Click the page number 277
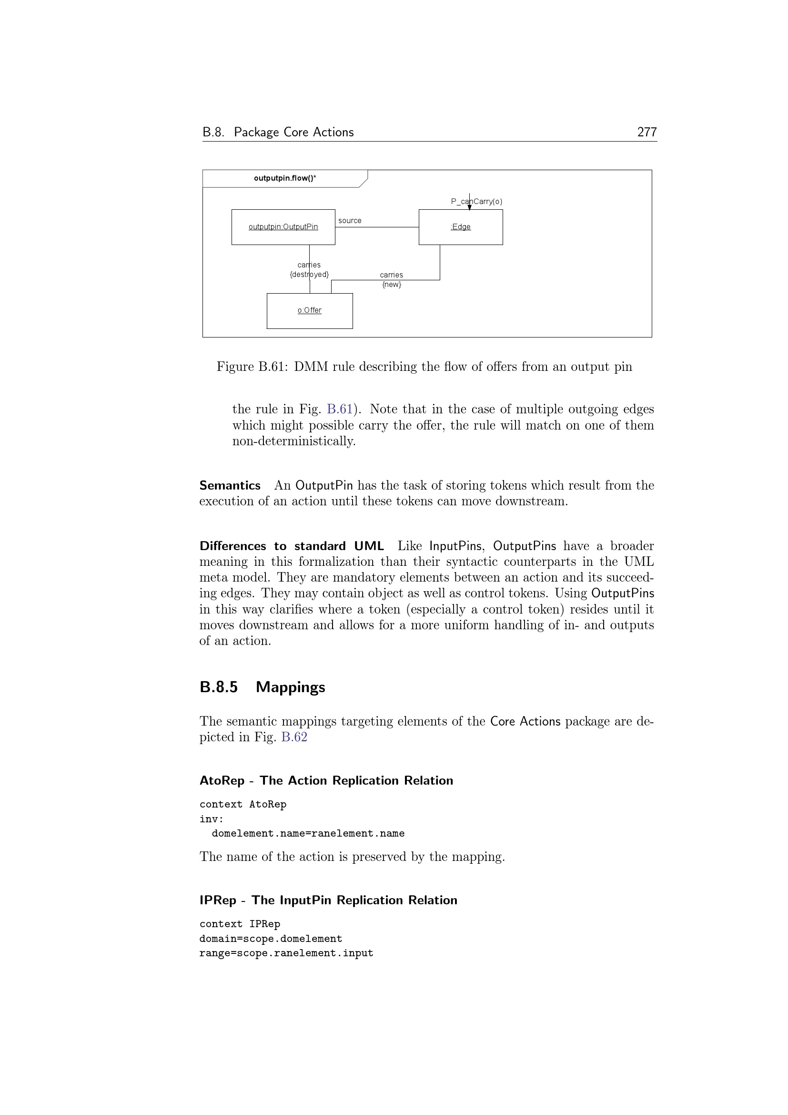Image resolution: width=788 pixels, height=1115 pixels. pos(647,132)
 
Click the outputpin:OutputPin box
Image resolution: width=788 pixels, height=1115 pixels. pos(283,227)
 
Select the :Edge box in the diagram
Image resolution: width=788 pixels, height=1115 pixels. pos(461,227)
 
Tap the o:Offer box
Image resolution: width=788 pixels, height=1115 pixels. pos(310,311)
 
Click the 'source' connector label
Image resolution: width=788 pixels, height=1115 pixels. pos(349,221)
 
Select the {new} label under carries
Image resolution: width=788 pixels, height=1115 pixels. pos(392,285)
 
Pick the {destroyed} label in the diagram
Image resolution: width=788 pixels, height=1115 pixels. pos(309,275)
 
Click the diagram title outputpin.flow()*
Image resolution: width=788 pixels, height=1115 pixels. pos(285,178)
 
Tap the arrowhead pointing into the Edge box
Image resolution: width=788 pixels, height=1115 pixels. pos(469,208)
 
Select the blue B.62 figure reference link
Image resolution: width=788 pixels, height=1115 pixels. pos(294,737)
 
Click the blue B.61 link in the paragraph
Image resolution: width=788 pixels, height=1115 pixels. pos(340,409)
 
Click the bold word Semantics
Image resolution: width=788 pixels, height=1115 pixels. pos(230,486)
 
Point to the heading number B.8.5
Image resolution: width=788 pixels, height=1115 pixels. pos(218,687)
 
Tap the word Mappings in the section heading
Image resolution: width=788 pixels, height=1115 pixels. pos(290,687)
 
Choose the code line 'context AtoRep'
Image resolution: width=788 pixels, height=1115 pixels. pos(242,805)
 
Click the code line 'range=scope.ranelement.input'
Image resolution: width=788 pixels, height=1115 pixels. pos(286,953)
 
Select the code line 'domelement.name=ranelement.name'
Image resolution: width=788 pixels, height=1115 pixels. pos(308,834)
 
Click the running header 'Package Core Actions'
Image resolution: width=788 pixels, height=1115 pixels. pos(293,132)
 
